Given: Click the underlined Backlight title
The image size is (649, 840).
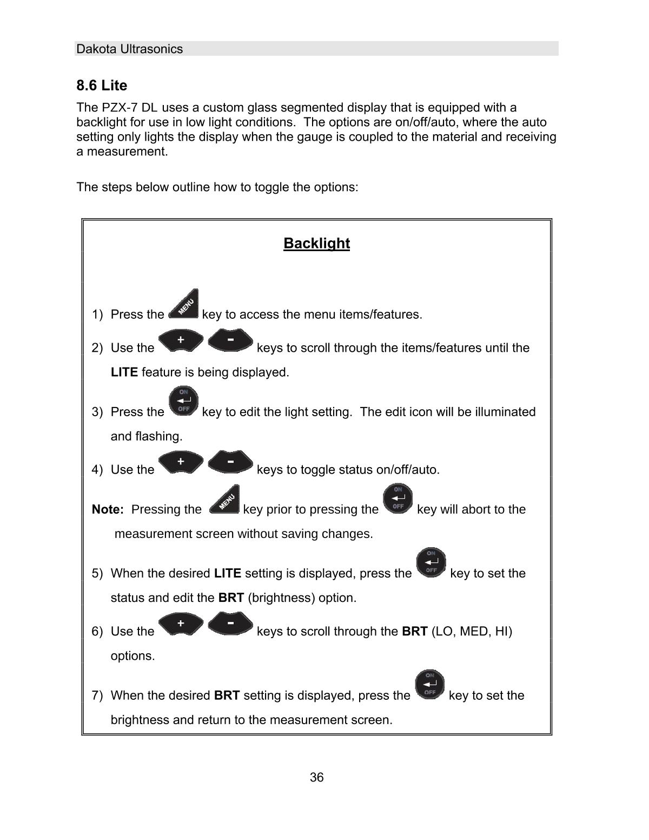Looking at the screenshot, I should (x=316, y=244).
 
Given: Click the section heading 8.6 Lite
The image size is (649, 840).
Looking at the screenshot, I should (x=102, y=86).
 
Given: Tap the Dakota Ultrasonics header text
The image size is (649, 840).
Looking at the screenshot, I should (x=129, y=49).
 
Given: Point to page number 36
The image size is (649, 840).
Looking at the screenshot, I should (x=316, y=777).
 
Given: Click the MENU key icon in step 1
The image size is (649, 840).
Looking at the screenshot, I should (x=184, y=305).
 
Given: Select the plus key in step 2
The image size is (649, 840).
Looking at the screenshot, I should (x=181, y=340).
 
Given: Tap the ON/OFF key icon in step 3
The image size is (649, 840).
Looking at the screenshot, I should (x=183, y=401).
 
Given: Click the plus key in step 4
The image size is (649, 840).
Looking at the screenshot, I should (x=181, y=462).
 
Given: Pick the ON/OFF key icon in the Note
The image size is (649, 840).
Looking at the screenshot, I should (x=398, y=498).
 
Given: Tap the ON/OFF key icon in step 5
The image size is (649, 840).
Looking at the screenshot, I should (x=431, y=562).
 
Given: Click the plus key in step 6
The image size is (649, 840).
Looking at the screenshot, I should (x=181, y=624).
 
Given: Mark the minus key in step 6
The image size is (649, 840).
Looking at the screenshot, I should (x=230, y=624).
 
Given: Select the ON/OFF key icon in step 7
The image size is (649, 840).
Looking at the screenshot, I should (x=430, y=685).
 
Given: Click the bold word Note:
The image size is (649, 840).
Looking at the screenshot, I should (x=108, y=509).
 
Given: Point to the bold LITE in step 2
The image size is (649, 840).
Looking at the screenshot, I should (x=124, y=372).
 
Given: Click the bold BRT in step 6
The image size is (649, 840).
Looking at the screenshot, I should (x=415, y=631).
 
